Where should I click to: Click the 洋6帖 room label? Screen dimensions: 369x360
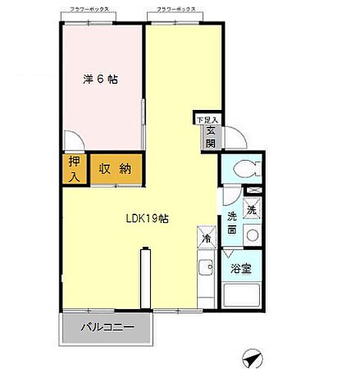pyautogui.click(x=101, y=79)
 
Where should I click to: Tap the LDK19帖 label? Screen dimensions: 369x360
pyautogui.click(x=148, y=218)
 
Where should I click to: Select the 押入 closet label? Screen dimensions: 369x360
pyautogui.click(x=74, y=170)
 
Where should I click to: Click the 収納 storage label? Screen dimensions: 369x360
pyautogui.click(x=114, y=169)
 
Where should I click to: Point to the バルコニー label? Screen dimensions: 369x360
pyautogui.click(x=108, y=327)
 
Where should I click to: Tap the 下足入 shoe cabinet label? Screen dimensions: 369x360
pyautogui.click(x=207, y=120)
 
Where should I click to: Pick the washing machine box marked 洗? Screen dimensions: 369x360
pyautogui.click(x=252, y=208)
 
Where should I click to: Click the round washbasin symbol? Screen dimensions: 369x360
pyautogui.click(x=252, y=234)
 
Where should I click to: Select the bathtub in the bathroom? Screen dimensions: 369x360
pyautogui.click(x=243, y=297)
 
